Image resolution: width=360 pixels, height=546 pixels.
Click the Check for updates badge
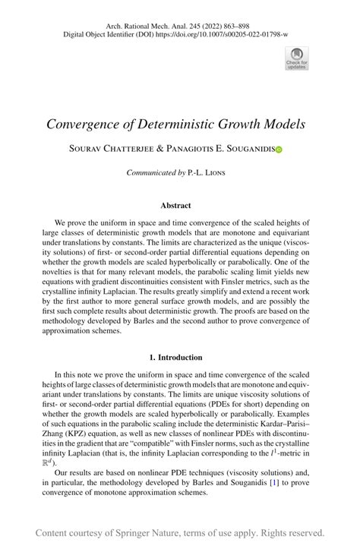pyautogui.click(x=297, y=58)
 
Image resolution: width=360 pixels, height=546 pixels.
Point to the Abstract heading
pyautogui.click(x=175, y=205)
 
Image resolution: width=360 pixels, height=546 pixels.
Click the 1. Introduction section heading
pyautogui.click(x=175, y=357)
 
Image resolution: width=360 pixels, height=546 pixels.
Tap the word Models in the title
pyautogui.click(x=284, y=124)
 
